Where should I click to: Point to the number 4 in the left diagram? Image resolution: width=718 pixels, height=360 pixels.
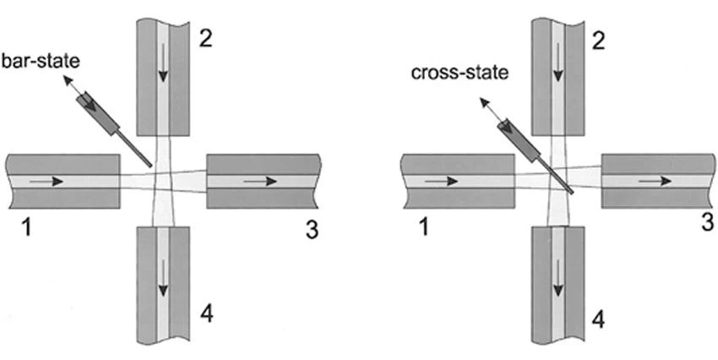pos(207,315)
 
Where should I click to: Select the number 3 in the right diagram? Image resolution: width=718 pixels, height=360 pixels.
pos(707,221)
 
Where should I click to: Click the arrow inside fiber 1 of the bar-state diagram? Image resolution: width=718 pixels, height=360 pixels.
pos(46,181)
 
